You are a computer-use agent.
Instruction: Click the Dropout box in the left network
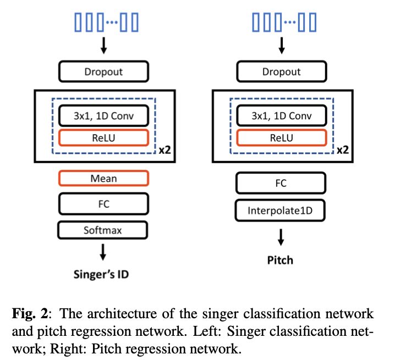click(103, 71)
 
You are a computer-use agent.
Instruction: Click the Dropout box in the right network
click(281, 71)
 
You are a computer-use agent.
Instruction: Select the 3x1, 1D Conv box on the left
click(103, 116)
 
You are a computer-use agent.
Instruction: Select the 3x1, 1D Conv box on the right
click(281, 116)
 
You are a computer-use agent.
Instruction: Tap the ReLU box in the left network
click(103, 137)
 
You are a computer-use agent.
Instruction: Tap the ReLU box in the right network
click(281, 137)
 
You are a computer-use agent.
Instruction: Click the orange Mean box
click(103, 178)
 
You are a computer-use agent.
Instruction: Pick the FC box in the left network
click(103, 204)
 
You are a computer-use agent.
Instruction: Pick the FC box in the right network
click(281, 184)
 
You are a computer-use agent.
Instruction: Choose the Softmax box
click(103, 230)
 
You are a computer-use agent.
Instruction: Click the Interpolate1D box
click(281, 210)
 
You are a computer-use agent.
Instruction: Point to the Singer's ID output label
click(101, 274)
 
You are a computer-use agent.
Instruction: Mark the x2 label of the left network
click(164, 149)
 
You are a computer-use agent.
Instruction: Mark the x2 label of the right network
click(342, 149)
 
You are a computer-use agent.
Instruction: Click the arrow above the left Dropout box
click(103, 47)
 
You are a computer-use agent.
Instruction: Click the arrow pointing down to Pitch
click(281, 237)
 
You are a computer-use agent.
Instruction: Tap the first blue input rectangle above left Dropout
click(78, 23)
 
